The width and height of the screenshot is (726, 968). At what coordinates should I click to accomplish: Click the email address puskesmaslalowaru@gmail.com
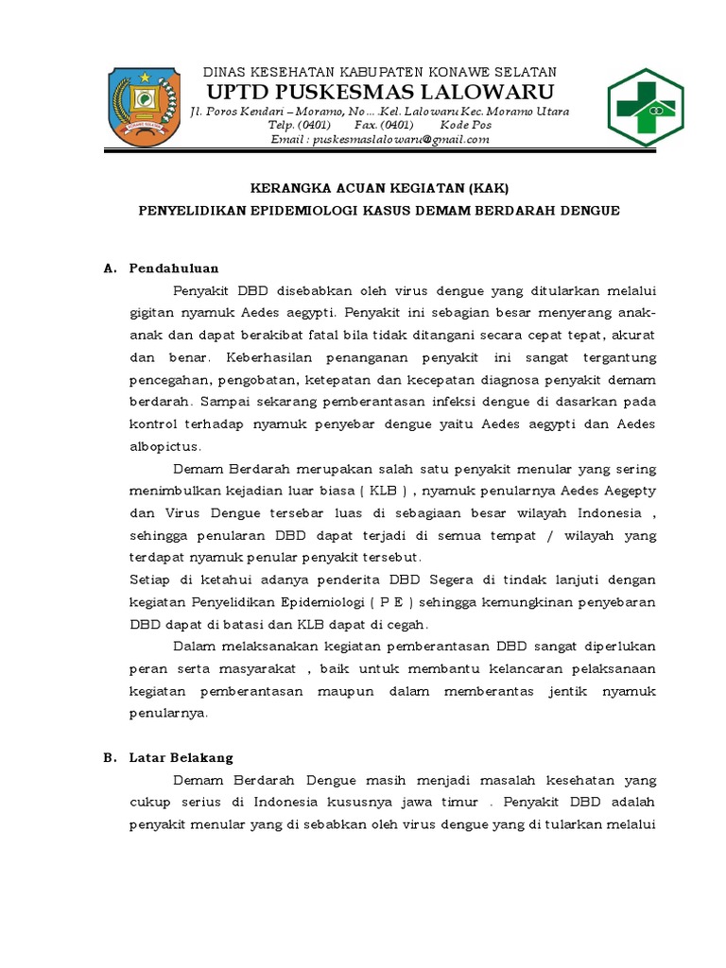click(380, 139)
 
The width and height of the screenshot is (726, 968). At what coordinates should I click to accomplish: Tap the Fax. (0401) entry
click(384, 126)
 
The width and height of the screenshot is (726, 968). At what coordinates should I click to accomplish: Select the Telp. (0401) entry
click(300, 126)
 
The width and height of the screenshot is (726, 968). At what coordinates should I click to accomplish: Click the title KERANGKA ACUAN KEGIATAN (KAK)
click(378, 187)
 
